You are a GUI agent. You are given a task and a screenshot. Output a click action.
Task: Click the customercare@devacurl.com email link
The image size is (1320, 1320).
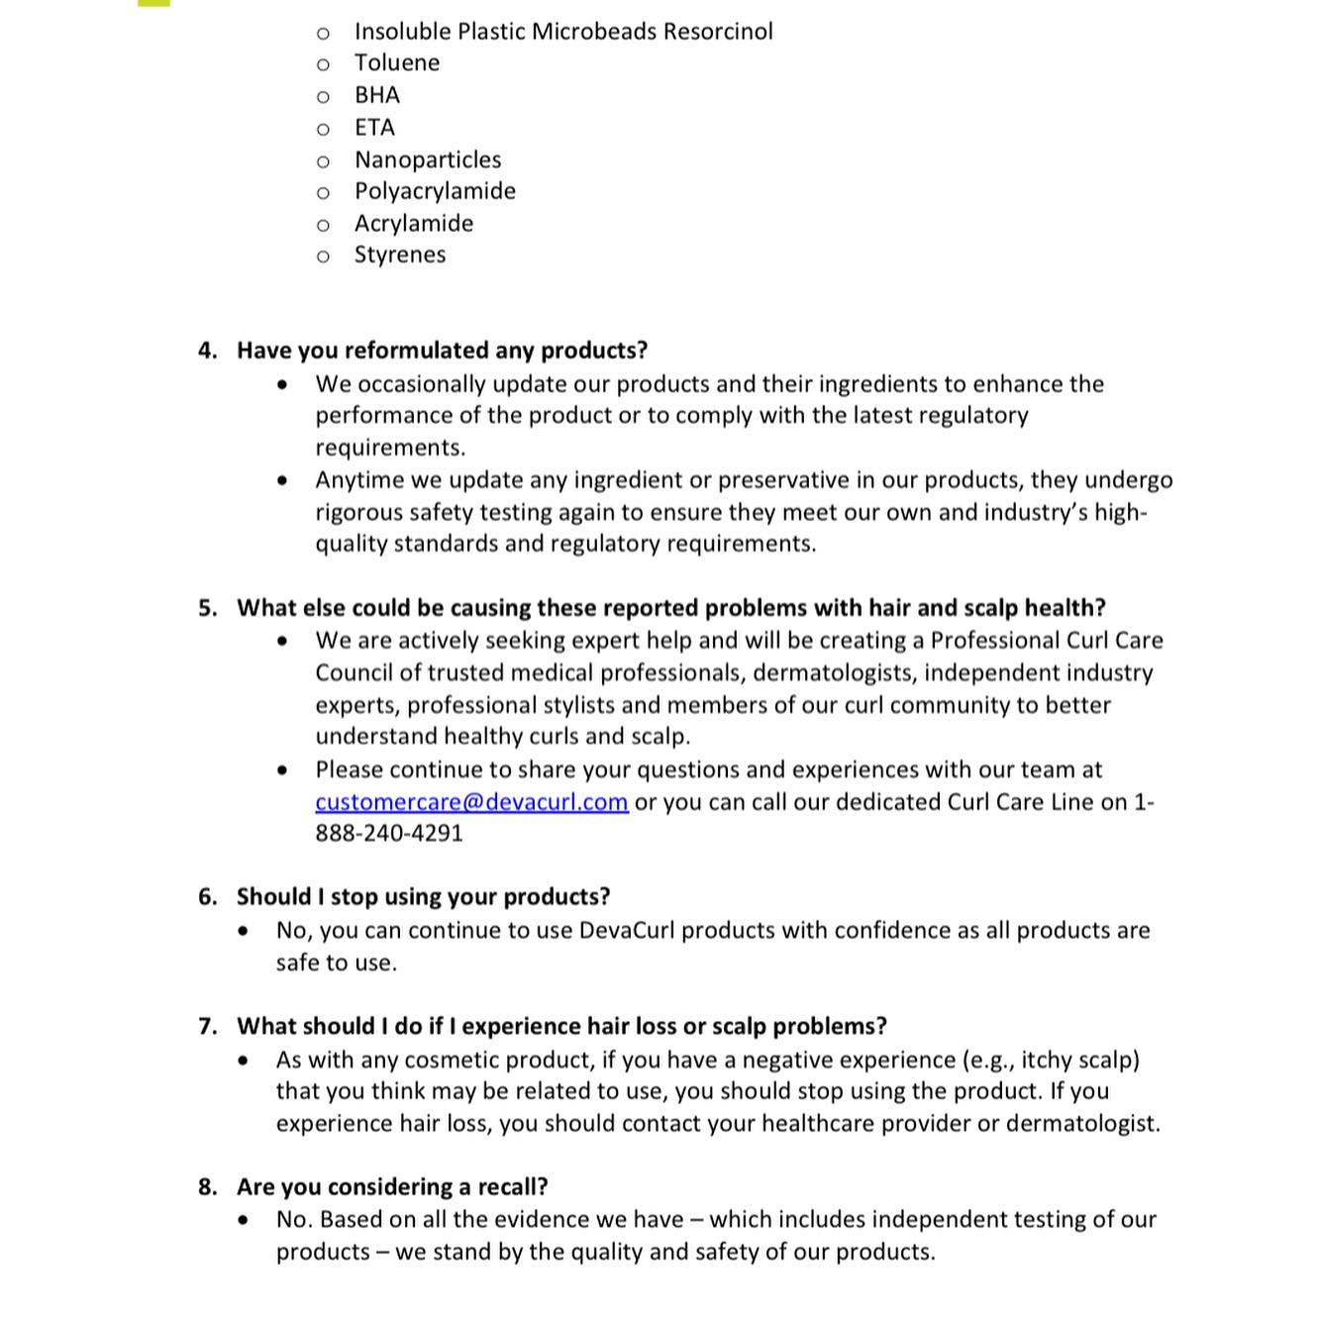click(x=471, y=802)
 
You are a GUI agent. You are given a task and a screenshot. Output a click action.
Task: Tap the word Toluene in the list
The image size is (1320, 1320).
click(x=397, y=63)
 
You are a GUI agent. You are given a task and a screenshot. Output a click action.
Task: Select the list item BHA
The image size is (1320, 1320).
click(x=377, y=95)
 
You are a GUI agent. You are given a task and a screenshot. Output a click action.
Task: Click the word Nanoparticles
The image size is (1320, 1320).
click(x=428, y=159)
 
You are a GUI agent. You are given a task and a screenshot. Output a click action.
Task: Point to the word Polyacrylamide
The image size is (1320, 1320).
click(x=435, y=191)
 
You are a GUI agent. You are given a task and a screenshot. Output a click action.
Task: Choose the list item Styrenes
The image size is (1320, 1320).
click(x=400, y=254)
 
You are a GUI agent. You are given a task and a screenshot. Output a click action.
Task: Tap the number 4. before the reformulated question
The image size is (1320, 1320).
click(x=207, y=351)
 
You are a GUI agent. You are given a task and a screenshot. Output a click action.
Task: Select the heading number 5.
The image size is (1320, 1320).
click(x=207, y=608)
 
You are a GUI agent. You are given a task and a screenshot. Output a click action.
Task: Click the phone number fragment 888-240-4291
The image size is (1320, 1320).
click(x=389, y=833)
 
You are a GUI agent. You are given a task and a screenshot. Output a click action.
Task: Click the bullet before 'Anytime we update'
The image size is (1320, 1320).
click(x=284, y=481)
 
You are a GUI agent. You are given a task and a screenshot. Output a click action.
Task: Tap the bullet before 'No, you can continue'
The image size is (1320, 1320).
click(x=245, y=931)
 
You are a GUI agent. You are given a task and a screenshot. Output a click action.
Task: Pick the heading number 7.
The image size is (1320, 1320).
click(x=207, y=1027)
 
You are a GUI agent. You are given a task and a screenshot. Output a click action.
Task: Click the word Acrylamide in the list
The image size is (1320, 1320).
click(x=414, y=224)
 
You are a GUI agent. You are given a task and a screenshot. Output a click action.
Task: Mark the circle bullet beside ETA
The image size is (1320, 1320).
click(x=323, y=129)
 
